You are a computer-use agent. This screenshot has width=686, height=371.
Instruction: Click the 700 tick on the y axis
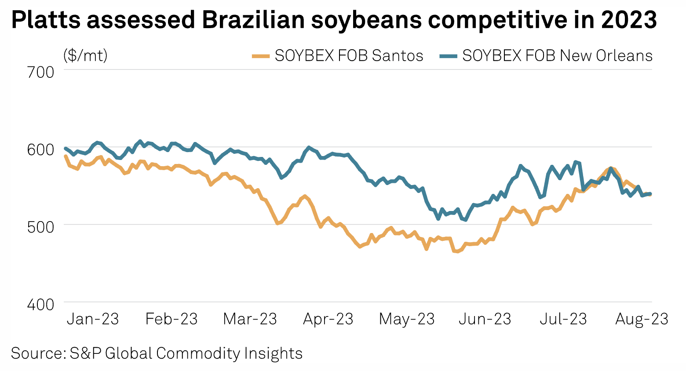(x=41, y=72)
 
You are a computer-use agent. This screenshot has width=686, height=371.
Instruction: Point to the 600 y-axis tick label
(x=41, y=149)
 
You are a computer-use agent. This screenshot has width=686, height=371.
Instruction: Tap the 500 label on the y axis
(x=41, y=227)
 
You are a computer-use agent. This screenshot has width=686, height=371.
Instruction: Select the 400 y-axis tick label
(x=41, y=304)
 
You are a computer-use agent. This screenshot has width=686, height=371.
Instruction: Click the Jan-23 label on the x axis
(x=93, y=319)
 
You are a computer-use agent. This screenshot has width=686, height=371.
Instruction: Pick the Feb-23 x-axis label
(x=171, y=319)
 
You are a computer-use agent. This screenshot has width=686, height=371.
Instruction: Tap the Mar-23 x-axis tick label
(x=250, y=319)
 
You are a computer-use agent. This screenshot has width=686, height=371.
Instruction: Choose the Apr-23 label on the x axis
(x=328, y=319)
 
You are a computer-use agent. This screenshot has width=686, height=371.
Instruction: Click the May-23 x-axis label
(x=407, y=319)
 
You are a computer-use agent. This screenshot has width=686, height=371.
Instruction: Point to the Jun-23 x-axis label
(x=485, y=319)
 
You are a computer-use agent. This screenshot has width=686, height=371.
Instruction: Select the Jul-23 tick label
(x=563, y=319)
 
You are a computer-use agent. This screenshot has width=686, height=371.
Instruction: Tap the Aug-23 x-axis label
(x=642, y=319)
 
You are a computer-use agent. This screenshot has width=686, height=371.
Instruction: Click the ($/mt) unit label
(x=85, y=56)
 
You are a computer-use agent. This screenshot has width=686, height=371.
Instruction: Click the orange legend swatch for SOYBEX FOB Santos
(x=261, y=56)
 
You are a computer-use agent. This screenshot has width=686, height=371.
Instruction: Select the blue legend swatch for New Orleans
(x=449, y=56)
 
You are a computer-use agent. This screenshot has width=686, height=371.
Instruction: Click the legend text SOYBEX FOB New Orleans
(x=557, y=56)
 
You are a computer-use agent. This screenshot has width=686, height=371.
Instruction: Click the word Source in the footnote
(x=37, y=353)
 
